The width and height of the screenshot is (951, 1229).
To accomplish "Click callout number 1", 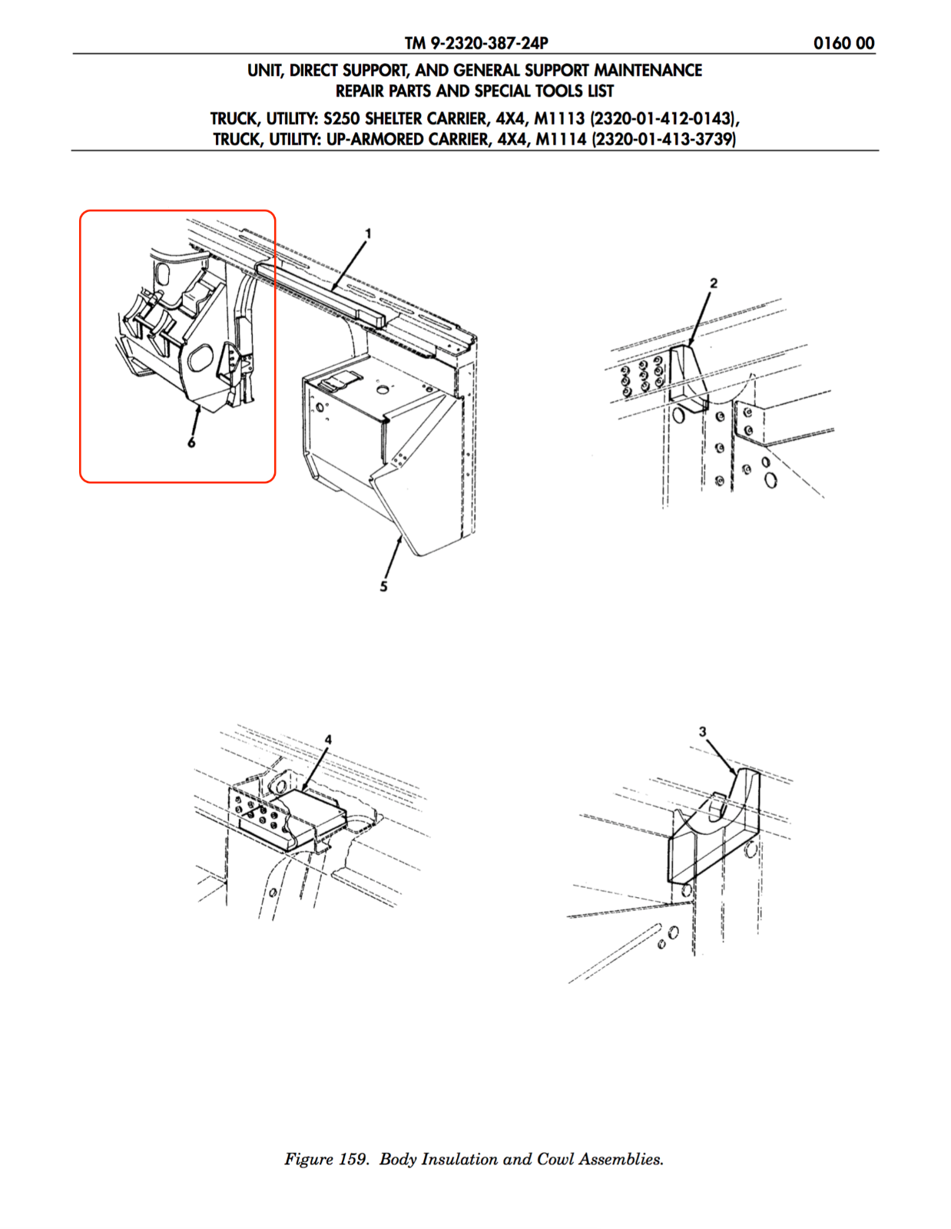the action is tap(368, 234).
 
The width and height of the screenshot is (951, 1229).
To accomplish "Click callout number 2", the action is tap(714, 283).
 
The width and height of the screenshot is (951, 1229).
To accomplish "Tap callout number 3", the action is tap(703, 731).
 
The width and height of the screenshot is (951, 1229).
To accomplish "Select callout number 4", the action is tap(328, 739).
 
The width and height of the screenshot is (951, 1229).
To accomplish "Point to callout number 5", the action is tap(384, 587).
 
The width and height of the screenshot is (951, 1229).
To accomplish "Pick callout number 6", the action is tap(192, 442).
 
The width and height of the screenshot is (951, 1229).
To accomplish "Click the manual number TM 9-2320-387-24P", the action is tap(476, 43).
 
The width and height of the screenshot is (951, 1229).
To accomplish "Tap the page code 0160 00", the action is tap(843, 43).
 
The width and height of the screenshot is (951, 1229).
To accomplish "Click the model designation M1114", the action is tap(561, 139).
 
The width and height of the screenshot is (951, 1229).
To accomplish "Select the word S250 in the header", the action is tap(341, 119).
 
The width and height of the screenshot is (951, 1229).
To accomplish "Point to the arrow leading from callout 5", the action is tap(393, 558).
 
